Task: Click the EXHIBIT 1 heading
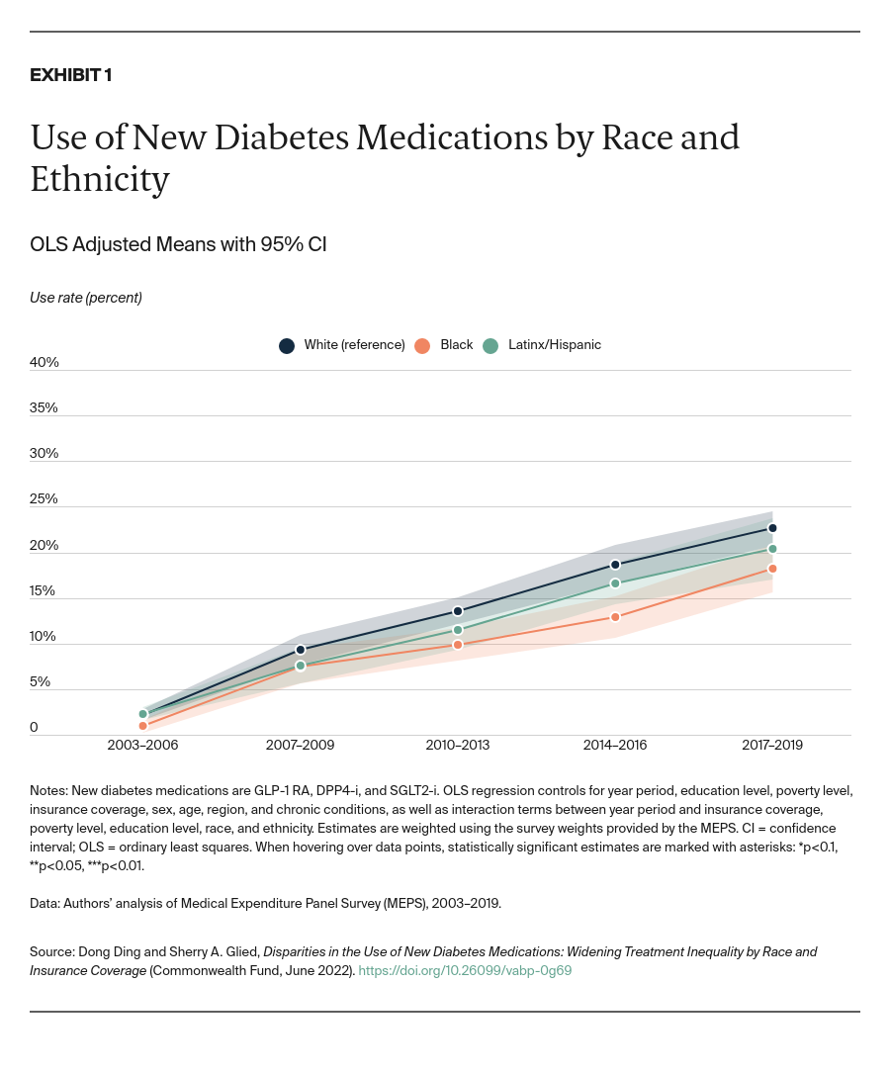pyautogui.click(x=70, y=76)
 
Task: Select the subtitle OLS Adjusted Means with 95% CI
pyautogui.click(x=178, y=244)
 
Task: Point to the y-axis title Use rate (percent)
pyautogui.click(x=86, y=298)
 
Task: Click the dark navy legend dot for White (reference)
pyautogui.click(x=287, y=345)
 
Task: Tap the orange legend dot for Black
pyautogui.click(x=422, y=345)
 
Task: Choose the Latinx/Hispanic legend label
pyautogui.click(x=554, y=345)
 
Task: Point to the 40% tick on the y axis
pyautogui.click(x=44, y=362)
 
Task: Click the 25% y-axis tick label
pyautogui.click(x=44, y=498)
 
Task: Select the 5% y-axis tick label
pyautogui.click(x=41, y=681)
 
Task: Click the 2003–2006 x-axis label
pyautogui.click(x=142, y=745)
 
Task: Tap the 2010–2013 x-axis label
pyautogui.click(x=457, y=745)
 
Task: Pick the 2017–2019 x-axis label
pyautogui.click(x=772, y=745)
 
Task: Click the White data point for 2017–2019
pyautogui.click(x=772, y=528)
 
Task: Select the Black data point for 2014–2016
pyautogui.click(x=615, y=617)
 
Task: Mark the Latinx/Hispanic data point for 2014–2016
pyautogui.click(x=615, y=583)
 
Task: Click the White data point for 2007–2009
pyautogui.click(x=301, y=650)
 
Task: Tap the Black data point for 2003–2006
pyautogui.click(x=142, y=726)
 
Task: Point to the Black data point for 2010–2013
pyautogui.click(x=458, y=645)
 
